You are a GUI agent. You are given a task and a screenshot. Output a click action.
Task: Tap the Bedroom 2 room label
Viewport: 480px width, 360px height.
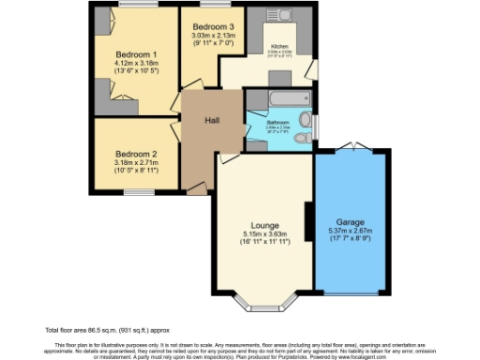click(136, 153)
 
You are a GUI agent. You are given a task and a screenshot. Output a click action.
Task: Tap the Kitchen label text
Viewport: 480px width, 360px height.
click(280, 46)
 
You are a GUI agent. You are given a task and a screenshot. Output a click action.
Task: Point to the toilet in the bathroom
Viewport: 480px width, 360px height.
click(301, 139)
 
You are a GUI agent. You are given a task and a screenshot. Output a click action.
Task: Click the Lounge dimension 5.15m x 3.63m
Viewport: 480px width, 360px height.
click(264, 233)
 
